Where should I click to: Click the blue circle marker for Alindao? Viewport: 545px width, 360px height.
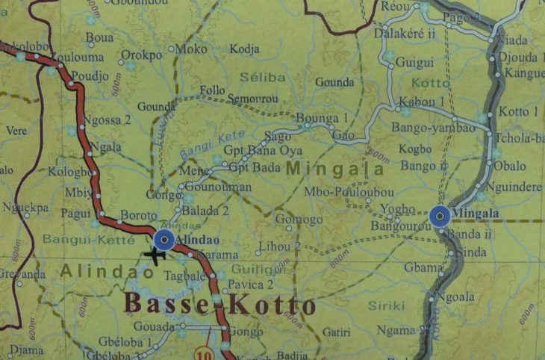point(163,239)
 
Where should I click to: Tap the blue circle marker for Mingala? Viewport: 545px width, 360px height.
point(440,217)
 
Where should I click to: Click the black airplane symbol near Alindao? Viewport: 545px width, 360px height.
point(155,255)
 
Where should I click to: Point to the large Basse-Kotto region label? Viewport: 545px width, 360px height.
point(219,305)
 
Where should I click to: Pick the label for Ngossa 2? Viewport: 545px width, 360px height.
point(108,120)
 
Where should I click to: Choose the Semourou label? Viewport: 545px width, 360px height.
point(252,99)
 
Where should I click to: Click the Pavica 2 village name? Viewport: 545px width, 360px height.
point(251,285)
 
